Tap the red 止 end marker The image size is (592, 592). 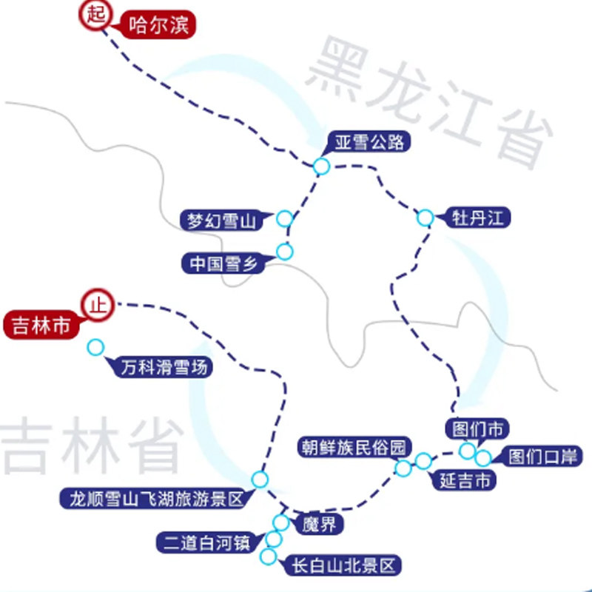tap(96, 305)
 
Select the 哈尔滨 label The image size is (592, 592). tap(158, 26)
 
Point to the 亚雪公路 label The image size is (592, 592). tap(369, 143)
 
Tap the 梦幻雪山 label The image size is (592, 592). tap(221, 220)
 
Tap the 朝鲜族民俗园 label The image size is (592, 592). tap(354, 448)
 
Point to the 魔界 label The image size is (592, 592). tap(319, 525)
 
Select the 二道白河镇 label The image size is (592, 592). tap(206, 542)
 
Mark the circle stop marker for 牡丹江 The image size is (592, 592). tap(425, 218)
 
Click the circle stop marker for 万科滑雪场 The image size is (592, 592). tap(95, 346)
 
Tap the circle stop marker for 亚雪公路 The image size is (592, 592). tap(321, 166)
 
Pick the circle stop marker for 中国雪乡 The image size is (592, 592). tap(285, 252)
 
